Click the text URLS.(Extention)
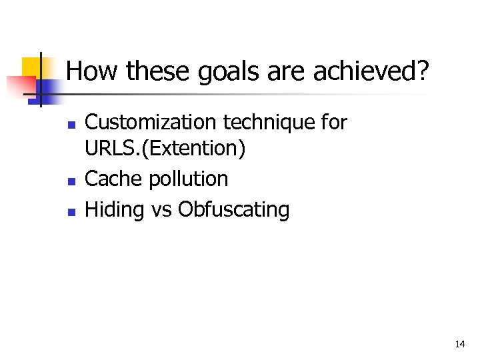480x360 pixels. [x=165, y=149]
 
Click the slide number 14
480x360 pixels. [x=459, y=345]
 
